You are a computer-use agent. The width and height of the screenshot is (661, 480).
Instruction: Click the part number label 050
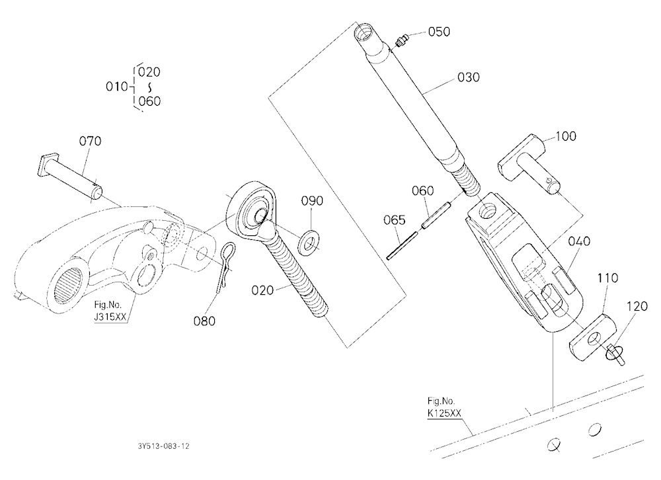[x=440, y=32]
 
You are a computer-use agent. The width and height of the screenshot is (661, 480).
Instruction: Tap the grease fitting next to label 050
[x=402, y=40]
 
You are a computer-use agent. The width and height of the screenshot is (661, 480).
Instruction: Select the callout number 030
[x=469, y=77]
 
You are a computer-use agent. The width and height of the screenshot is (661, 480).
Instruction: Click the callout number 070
[x=90, y=141]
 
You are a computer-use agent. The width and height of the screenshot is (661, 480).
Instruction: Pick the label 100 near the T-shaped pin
[x=566, y=136]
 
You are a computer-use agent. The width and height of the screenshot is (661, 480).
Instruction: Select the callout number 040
[x=579, y=241]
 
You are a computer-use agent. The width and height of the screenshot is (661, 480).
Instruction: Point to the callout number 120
[x=637, y=306]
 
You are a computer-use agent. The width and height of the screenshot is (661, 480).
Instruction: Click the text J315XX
[x=110, y=317]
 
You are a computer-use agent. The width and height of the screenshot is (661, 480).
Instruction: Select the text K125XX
[x=444, y=413]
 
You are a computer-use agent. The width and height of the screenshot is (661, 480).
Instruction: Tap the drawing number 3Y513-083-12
[x=163, y=446]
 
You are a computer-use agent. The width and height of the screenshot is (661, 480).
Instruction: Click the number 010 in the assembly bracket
[x=117, y=87]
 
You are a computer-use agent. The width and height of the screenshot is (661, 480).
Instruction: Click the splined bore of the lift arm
[x=70, y=287]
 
